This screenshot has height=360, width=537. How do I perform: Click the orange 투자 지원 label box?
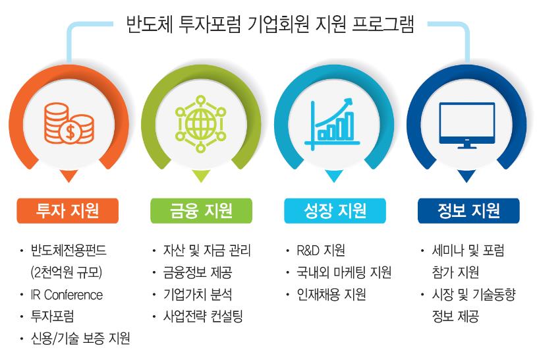67,210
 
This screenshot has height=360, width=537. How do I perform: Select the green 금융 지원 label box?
202,210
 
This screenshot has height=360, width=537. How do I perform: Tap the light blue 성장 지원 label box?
335,210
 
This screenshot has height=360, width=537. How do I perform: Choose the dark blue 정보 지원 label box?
468,210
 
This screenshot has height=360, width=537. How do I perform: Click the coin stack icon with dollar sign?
69,123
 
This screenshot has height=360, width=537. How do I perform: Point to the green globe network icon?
201,124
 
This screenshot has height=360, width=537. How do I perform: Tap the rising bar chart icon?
332,125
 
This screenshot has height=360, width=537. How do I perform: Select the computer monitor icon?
466,125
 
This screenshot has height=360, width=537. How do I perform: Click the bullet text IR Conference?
67,295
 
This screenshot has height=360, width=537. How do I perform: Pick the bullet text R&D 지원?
321,251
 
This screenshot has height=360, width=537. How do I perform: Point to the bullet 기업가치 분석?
198,295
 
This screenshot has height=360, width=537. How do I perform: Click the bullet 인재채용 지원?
331,295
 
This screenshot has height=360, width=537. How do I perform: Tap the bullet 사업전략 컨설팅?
203,316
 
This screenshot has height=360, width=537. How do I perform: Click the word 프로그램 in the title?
383,24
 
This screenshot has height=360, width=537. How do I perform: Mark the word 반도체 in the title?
150,24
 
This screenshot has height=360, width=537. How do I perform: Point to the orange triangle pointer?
69,175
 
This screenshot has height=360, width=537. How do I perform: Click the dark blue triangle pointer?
466,175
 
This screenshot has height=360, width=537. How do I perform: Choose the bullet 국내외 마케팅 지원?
344,273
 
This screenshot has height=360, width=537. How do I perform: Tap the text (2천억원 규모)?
67,273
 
